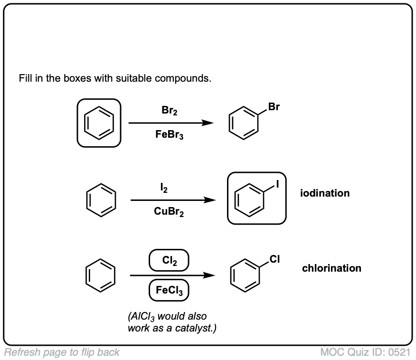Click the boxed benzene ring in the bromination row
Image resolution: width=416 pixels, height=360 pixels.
click(x=99, y=123)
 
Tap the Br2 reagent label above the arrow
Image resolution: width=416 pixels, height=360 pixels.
click(x=170, y=111)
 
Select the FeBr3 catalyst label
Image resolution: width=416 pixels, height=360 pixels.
click(x=170, y=135)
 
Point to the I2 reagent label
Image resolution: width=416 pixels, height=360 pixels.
click(x=163, y=189)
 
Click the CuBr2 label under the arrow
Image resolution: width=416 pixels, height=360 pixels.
click(x=169, y=212)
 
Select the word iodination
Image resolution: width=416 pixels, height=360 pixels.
click(x=325, y=193)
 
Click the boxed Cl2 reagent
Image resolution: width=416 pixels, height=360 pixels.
click(x=169, y=260)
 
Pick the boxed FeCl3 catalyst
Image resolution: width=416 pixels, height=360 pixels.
click(x=169, y=290)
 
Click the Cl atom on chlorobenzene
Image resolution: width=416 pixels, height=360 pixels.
click(x=275, y=259)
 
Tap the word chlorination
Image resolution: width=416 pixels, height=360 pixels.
click(x=331, y=268)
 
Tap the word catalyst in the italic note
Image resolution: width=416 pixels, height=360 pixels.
click(x=197, y=328)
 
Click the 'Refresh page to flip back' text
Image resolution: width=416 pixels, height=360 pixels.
click(x=62, y=352)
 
